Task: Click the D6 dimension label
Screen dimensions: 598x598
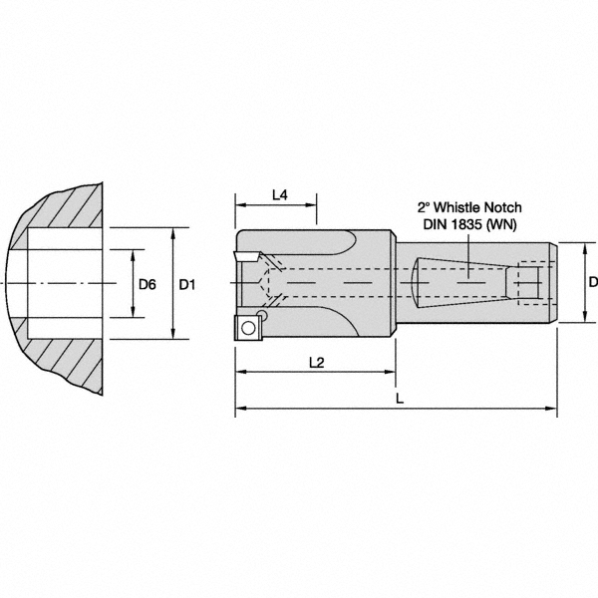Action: point(147,284)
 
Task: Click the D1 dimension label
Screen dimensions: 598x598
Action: point(186,284)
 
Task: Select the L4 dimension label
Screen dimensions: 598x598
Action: point(279,195)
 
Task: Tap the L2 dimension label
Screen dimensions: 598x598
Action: point(315,364)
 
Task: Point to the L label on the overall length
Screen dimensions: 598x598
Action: point(400,398)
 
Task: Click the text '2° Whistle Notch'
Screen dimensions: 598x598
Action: point(468,208)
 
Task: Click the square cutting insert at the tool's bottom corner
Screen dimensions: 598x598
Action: point(247,326)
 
